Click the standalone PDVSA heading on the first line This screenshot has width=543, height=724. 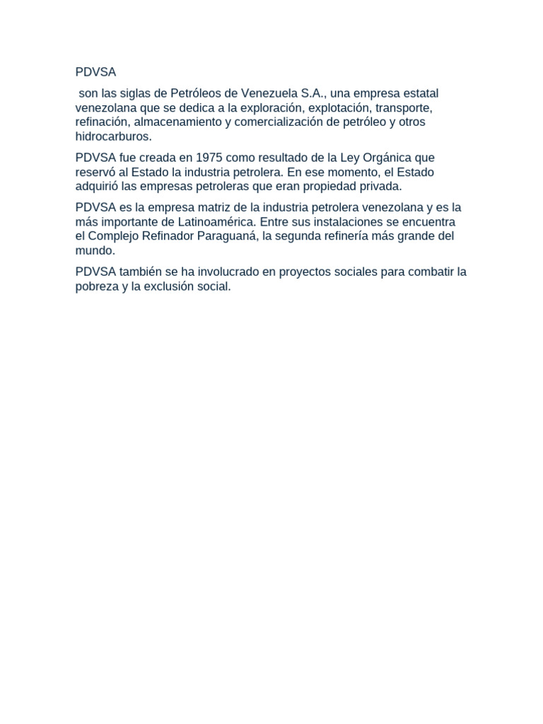pyautogui.click(x=95, y=72)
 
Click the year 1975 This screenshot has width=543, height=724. pyautogui.click(x=212, y=158)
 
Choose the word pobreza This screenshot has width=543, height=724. pyautogui.click(x=97, y=287)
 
